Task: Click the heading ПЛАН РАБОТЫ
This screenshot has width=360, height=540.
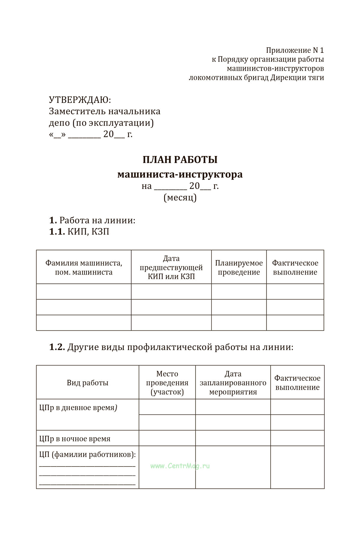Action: coord(180,160)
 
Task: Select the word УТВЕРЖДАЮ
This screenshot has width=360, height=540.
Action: coord(79,100)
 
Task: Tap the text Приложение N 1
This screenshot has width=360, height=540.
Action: coord(295,50)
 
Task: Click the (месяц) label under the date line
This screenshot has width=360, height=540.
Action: coord(180,198)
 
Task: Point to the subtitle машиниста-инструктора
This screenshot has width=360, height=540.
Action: coord(180,174)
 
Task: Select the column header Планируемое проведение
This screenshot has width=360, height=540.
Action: coord(239,268)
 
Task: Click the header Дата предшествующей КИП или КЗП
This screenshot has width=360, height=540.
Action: coord(171,267)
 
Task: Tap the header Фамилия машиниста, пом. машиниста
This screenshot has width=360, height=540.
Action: coord(84,268)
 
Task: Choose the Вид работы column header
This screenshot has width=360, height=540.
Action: coord(87,383)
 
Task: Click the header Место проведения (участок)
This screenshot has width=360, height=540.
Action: coord(167,383)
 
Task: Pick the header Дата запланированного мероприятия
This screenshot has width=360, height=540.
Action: coord(233,383)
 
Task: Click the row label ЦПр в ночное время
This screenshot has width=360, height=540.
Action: coord(75,439)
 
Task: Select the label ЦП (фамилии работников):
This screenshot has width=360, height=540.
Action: coord(87,454)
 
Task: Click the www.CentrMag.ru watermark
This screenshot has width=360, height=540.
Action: coord(180,466)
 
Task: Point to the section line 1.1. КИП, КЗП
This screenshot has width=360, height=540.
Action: coord(79,232)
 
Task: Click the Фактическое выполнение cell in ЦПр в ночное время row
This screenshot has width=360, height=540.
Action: coord(297,438)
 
